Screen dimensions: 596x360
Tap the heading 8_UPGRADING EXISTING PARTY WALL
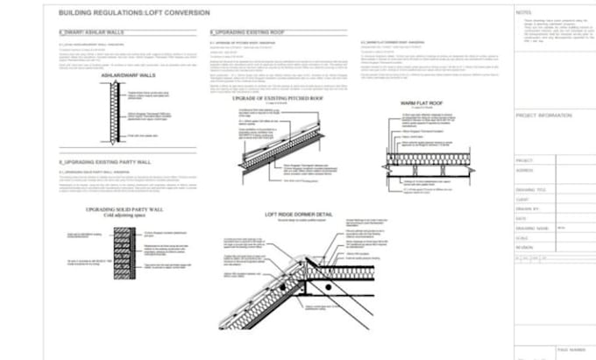coord(103,163)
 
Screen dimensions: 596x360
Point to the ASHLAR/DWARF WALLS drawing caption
coord(128,76)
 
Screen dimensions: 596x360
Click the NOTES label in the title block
coord(524,12)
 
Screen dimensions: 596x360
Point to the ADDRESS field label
coord(526,170)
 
